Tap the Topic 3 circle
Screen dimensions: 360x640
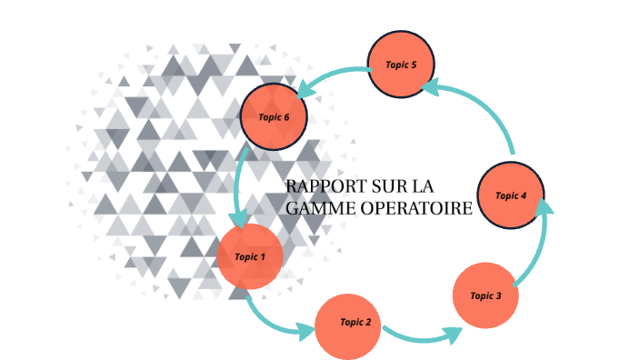click(485, 295)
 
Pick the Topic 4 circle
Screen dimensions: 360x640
click(510, 195)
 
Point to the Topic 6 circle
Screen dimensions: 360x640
click(274, 117)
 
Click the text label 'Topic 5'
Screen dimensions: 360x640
click(401, 65)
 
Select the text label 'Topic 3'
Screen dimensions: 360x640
click(485, 295)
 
